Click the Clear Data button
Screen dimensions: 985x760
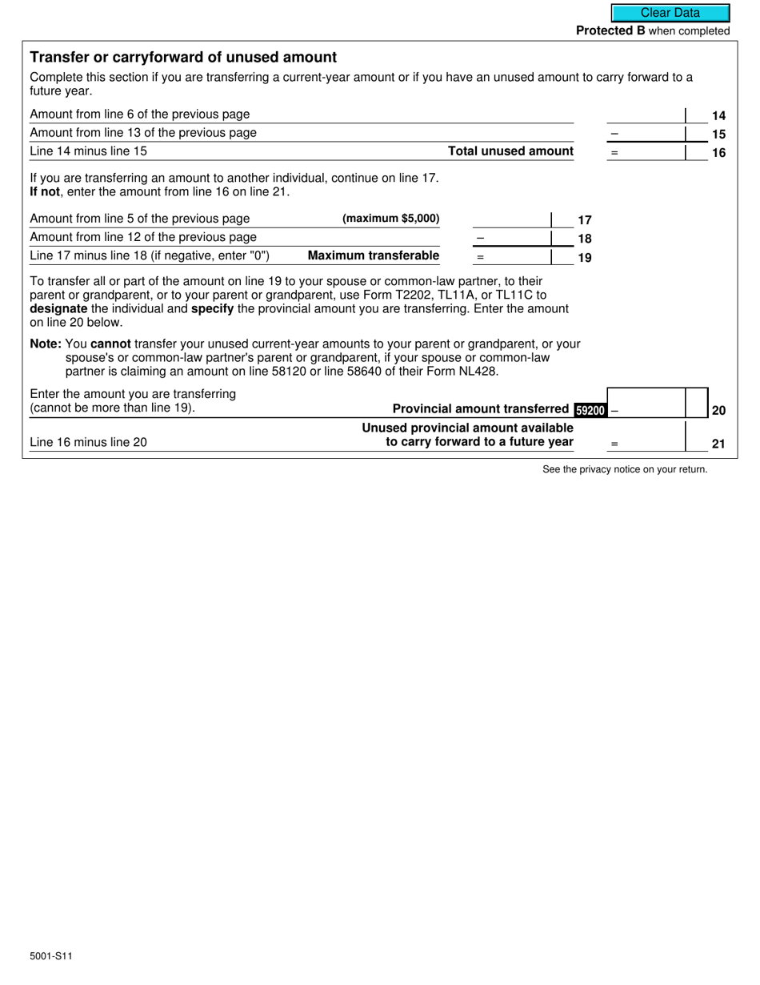670,13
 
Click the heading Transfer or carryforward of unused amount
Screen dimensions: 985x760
183,58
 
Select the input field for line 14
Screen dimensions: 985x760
646,115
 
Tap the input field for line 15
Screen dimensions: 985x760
646,133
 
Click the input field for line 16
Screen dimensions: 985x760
646,151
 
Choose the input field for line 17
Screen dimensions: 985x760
512,219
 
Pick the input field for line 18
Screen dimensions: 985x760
512,238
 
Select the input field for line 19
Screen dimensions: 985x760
512,256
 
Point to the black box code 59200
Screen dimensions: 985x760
590,410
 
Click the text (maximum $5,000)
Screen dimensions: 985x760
390,219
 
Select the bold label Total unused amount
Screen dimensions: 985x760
510,151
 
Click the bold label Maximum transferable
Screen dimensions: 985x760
374,256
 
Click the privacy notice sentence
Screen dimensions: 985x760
625,469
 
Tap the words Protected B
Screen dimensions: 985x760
610,31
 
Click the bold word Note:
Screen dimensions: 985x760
46,344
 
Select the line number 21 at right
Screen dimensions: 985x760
718,444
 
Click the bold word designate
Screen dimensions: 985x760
58,308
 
